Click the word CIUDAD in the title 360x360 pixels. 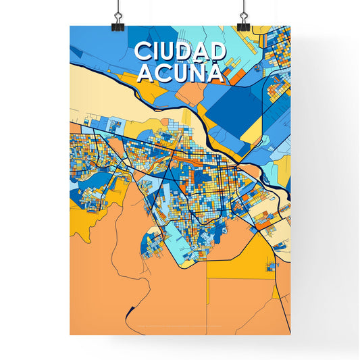180,51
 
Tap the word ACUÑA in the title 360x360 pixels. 180,72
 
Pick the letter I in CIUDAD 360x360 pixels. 156,51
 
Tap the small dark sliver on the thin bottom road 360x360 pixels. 129,312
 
